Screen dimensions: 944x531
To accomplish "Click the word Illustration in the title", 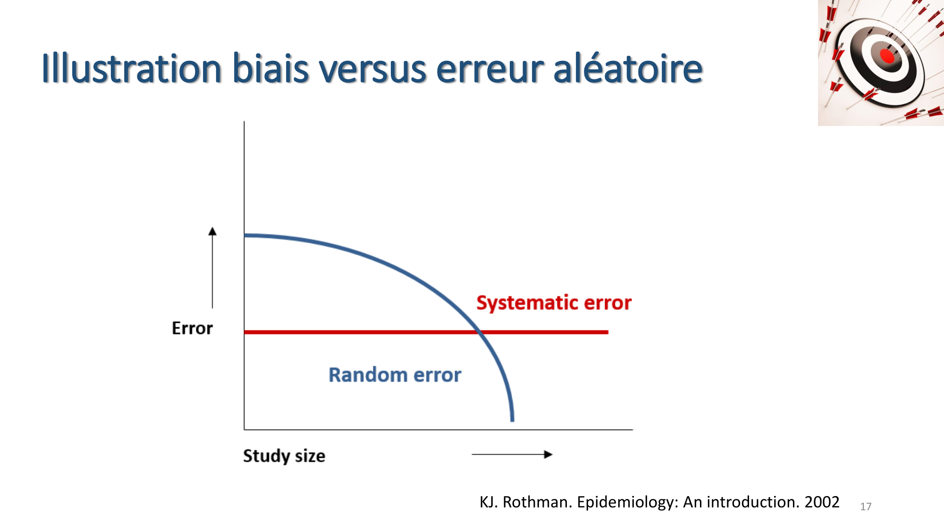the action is click(132, 68).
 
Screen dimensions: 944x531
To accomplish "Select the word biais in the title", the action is click(270, 68).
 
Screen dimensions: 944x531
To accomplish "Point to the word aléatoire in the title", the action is click(628, 68).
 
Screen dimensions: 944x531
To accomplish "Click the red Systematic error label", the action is click(554, 303).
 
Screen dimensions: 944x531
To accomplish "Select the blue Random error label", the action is click(395, 375).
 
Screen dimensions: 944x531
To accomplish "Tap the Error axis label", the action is click(192, 328).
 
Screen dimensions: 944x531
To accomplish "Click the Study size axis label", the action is click(284, 456).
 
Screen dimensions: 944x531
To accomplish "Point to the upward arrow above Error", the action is click(212, 268).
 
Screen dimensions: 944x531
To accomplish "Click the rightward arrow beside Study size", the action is click(512, 455).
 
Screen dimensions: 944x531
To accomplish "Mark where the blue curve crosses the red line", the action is click(480, 332).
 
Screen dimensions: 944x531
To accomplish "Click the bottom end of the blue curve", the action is click(513, 421).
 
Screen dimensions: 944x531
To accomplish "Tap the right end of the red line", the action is click(608, 332).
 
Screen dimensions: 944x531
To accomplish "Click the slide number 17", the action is click(866, 506).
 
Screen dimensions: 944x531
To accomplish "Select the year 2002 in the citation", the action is click(822, 502).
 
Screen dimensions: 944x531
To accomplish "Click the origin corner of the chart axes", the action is click(244, 430).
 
